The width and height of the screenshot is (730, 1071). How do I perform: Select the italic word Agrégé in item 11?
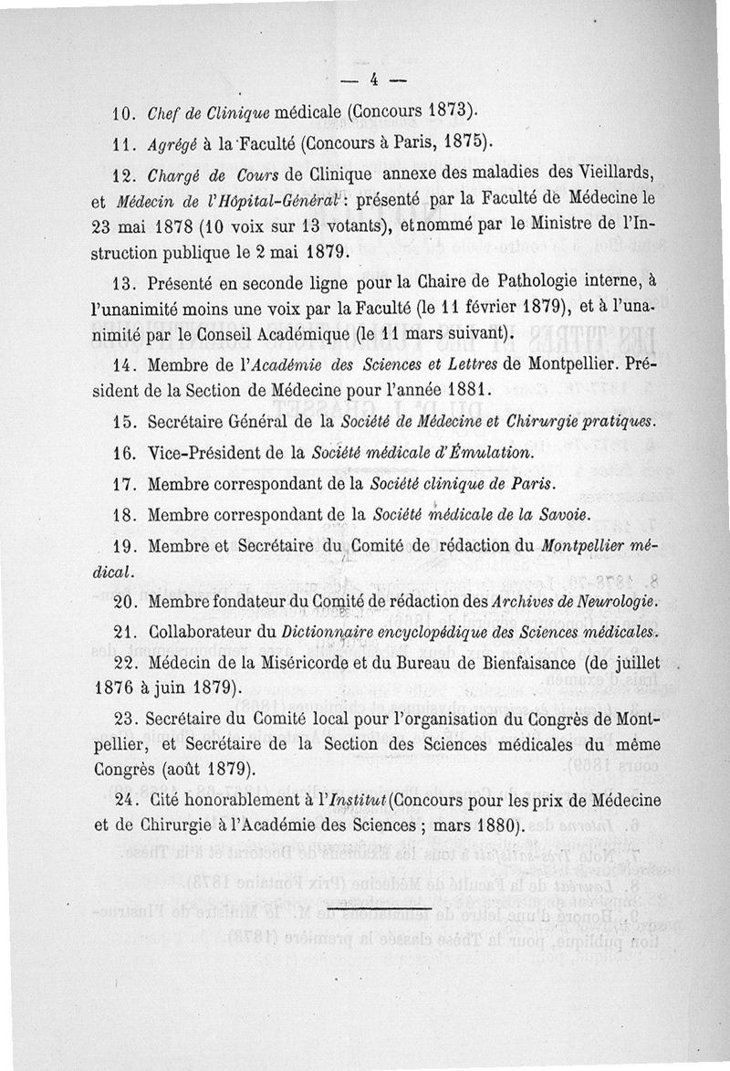click(x=170, y=142)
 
